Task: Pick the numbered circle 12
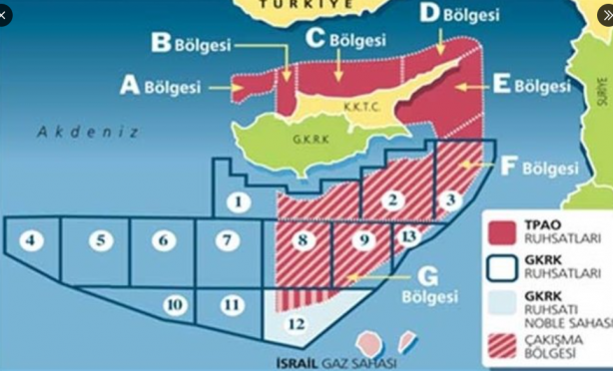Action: (x=295, y=323)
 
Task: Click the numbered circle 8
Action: (x=302, y=239)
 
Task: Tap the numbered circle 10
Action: (x=174, y=304)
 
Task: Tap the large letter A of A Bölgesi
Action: (x=129, y=86)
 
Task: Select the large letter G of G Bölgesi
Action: (x=428, y=274)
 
